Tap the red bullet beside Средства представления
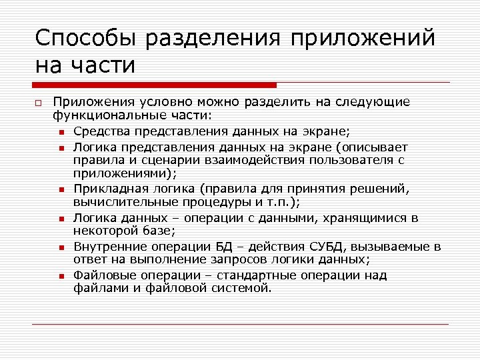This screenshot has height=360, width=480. point(61,131)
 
